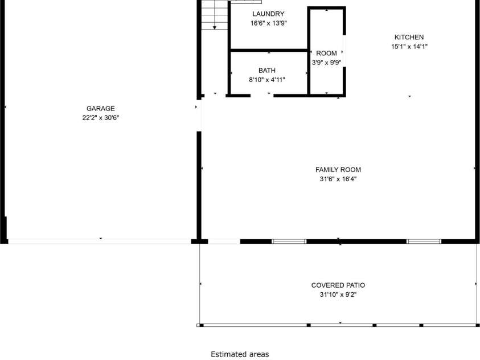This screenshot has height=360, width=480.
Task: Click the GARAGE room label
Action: point(101,108)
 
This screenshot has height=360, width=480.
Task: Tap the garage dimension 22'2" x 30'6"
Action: point(101,118)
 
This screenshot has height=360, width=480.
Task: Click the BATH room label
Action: point(266,70)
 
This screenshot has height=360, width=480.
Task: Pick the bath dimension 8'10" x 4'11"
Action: point(266,80)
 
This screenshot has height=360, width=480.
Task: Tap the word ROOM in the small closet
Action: point(326,53)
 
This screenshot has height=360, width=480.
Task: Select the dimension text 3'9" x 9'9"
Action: point(326,63)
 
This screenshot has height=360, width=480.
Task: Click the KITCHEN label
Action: point(409,37)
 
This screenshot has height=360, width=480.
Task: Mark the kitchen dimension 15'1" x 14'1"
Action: point(409,47)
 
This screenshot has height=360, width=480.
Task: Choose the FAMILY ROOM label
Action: point(338,169)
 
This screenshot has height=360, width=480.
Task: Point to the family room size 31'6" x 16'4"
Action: point(338,179)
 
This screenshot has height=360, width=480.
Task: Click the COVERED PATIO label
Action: point(338,285)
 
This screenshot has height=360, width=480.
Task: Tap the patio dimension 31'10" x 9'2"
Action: point(338,294)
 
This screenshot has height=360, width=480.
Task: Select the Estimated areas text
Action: point(240,354)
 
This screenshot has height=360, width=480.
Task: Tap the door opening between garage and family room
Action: point(199,116)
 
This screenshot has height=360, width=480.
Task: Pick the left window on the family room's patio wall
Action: point(289,242)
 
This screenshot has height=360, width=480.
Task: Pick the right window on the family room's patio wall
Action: point(424,242)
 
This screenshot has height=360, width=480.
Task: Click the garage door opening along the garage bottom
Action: point(100,242)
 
